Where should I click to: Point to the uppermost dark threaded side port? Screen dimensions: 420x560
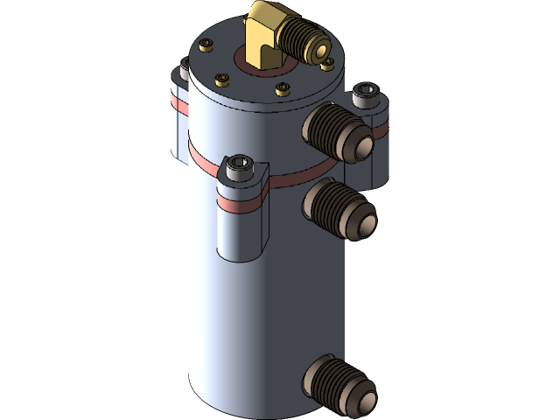(x=337, y=130)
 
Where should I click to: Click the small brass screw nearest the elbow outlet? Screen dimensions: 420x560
(x=326, y=64)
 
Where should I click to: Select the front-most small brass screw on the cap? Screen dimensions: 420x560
(x=283, y=88)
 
